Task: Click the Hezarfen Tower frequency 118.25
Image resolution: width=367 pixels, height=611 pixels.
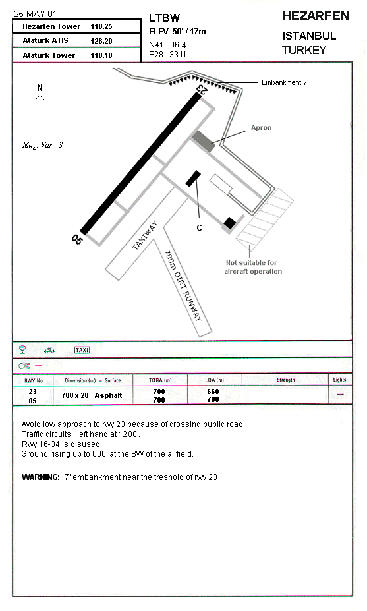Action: [x=101, y=26]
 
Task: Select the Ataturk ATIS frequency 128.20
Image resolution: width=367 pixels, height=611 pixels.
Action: [x=101, y=41]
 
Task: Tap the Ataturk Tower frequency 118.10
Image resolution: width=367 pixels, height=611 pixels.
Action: [x=101, y=55]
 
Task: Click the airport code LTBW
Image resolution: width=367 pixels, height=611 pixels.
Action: [x=165, y=18]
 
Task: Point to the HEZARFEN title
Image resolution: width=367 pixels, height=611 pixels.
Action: [x=316, y=16]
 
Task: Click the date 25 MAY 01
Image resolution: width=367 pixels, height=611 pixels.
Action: [x=36, y=14]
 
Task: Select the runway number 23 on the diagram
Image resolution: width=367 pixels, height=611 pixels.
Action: [x=202, y=89]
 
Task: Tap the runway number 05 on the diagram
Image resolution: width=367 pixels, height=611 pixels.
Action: [x=77, y=239]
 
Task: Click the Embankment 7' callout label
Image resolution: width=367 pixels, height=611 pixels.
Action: [x=285, y=82]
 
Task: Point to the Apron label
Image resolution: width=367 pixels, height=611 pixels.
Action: [x=262, y=127]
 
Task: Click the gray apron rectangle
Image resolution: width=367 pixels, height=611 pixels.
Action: [x=204, y=141]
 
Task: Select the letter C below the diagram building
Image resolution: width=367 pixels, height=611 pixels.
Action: [x=199, y=228]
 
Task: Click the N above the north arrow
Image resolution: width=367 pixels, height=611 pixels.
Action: [x=40, y=88]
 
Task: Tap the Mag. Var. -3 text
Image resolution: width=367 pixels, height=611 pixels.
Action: [x=42, y=145]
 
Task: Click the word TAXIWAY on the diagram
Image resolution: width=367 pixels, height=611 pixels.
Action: [x=145, y=235]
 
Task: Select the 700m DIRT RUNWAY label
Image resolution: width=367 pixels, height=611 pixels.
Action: [x=183, y=285]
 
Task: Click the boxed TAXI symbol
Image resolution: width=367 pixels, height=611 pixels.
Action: [x=82, y=350]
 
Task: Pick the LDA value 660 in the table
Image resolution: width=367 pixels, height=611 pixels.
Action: [x=213, y=392]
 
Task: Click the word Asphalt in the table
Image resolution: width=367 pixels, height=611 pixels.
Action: [x=108, y=395]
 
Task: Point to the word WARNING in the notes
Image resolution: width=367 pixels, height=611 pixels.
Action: [x=40, y=477]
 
